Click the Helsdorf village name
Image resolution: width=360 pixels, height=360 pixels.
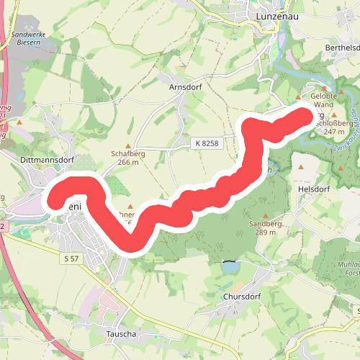[x=313, y=189]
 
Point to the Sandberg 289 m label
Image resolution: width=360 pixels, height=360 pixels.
[x=262, y=228]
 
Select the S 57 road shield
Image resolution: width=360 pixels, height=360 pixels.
[x=71, y=258]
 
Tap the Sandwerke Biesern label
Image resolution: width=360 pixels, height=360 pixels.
[x=27, y=37]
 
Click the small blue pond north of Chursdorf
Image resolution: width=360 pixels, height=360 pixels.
[x=230, y=267]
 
